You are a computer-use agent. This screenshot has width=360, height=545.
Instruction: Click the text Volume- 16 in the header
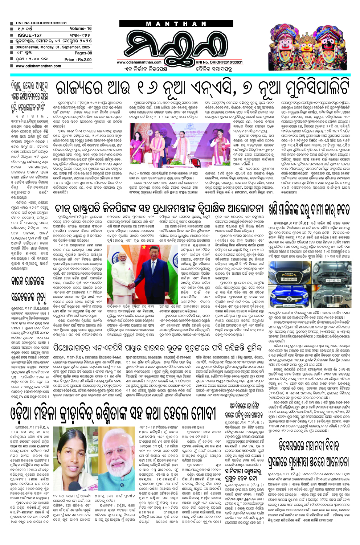81,28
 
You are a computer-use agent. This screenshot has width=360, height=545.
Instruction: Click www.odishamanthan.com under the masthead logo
139,62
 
